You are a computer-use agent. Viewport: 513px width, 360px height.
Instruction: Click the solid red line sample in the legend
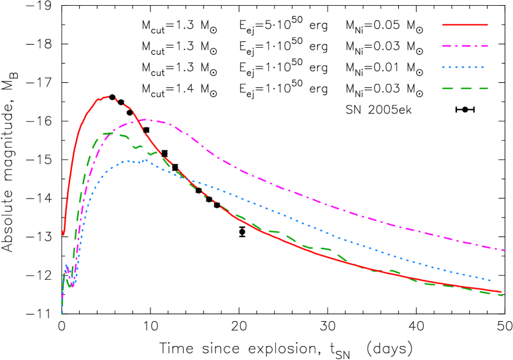click(465, 25)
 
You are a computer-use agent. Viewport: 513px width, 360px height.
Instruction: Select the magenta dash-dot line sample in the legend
click(465, 46)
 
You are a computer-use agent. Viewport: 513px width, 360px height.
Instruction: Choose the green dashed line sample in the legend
click(465, 89)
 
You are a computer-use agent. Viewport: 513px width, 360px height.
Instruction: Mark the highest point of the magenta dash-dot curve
click(147, 119)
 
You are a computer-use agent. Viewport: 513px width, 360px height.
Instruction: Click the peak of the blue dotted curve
click(145, 160)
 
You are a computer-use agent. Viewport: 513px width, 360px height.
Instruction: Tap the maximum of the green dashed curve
click(112, 133)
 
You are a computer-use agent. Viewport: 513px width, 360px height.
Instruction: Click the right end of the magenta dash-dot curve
click(504, 250)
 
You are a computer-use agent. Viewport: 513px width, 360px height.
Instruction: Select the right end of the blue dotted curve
click(491, 280)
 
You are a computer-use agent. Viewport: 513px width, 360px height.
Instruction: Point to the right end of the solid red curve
click(502, 292)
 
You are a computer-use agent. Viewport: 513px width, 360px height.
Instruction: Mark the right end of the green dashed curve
click(502, 295)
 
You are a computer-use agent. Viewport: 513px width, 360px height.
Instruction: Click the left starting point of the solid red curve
click(62, 232)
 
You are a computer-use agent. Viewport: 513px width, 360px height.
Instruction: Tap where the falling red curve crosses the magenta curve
click(137, 121)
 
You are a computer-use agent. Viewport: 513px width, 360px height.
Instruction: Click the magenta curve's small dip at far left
click(72, 285)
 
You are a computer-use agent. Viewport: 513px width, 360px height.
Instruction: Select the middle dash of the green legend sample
click(465, 89)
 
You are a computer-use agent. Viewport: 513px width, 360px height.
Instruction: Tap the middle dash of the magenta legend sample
click(465, 46)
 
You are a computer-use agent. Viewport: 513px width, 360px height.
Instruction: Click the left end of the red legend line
click(443, 25)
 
